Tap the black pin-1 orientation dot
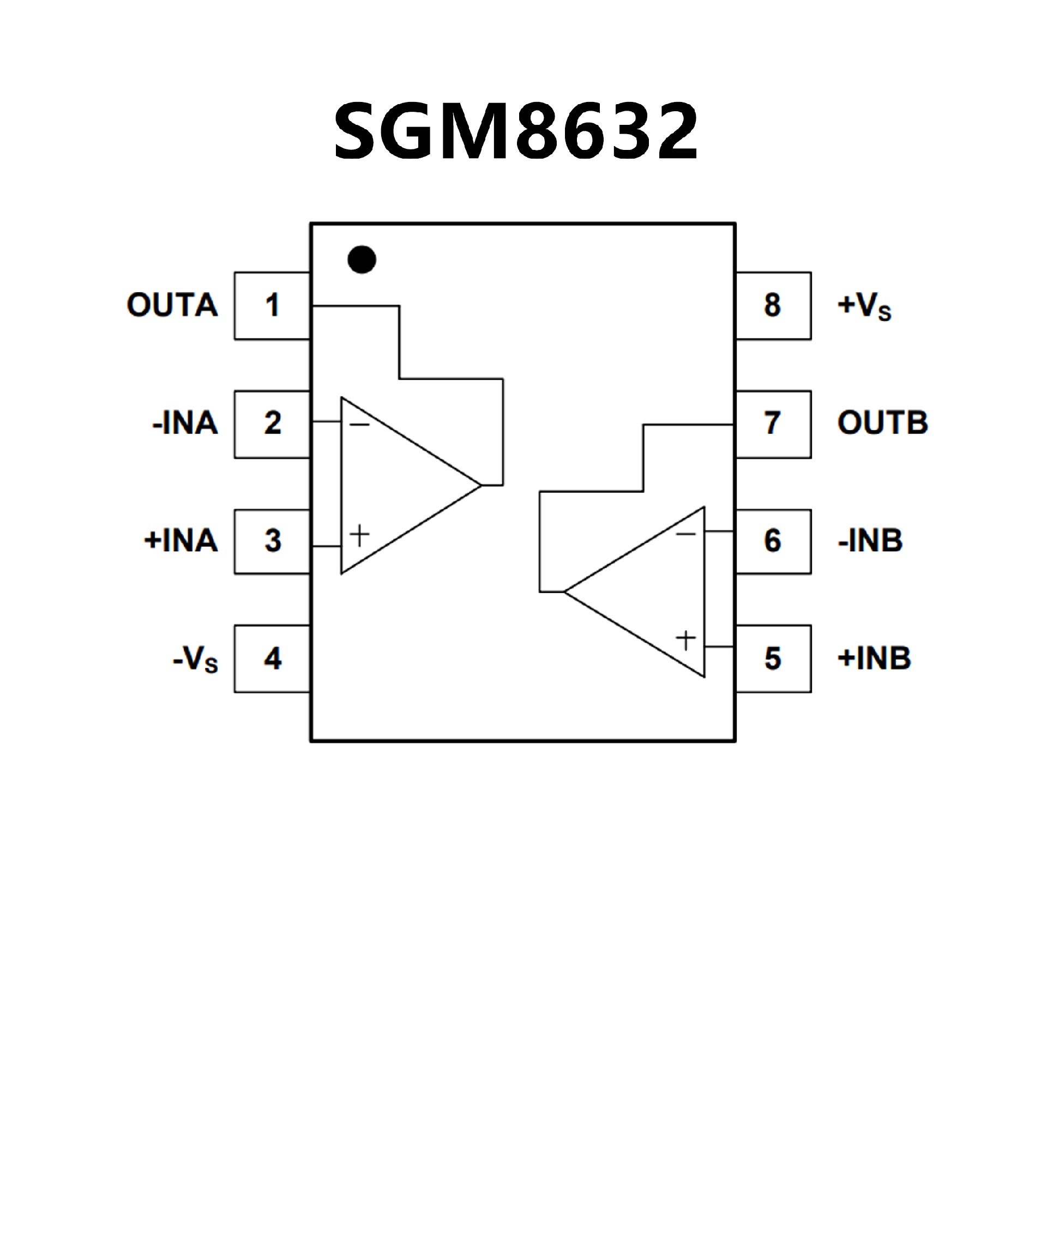[362, 260]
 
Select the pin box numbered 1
[273, 306]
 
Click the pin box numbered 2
[273, 424]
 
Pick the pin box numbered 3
[273, 541]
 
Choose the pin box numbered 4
[273, 659]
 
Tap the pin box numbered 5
[773, 659]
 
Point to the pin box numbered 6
[773, 541]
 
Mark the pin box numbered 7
[773, 424]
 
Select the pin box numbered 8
[773, 306]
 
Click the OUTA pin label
[172, 305]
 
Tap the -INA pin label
[185, 424]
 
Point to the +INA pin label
[181, 541]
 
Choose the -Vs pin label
[195, 660]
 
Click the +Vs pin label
[864, 306]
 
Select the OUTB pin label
[883, 423]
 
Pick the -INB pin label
[870, 541]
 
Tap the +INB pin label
[875, 659]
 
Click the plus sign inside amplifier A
[359, 535]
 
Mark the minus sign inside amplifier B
[685, 534]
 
